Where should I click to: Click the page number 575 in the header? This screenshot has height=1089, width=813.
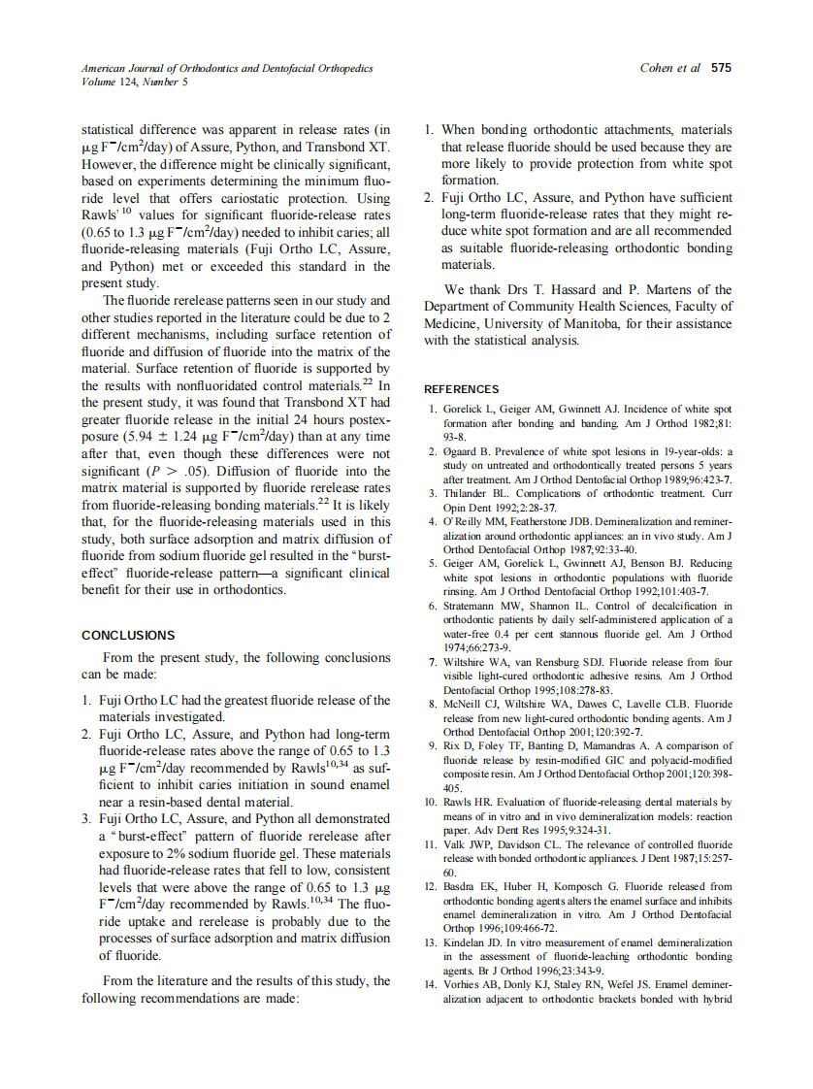pos(721,68)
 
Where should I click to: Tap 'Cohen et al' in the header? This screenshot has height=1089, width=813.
pos(671,68)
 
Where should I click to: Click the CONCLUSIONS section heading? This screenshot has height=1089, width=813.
pos(128,636)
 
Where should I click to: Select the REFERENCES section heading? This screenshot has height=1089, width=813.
pos(462,389)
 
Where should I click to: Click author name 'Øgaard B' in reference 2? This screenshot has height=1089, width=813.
pos(469,451)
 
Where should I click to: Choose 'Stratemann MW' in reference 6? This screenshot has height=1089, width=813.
pos(481,606)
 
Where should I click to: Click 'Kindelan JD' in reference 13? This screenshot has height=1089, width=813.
pos(473,942)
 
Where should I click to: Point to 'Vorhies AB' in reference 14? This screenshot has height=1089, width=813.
pos(472,985)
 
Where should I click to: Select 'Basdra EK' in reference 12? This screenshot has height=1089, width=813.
pos(470,886)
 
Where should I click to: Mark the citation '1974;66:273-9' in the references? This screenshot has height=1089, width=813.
pos(476,647)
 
